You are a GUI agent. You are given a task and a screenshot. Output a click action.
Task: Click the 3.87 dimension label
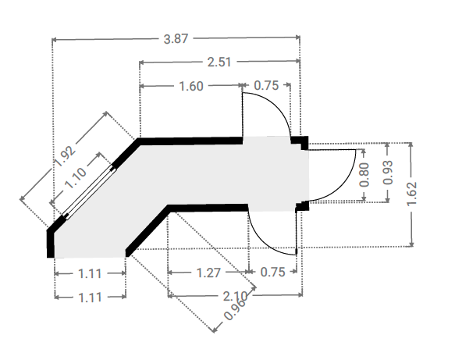tap(176, 39)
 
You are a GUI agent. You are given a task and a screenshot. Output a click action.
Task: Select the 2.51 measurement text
tap(219, 62)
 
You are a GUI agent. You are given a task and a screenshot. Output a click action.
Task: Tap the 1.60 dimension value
tap(191, 86)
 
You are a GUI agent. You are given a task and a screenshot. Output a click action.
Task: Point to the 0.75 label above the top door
tap(266, 85)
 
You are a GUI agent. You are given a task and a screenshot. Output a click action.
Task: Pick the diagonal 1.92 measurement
tap(66, 156)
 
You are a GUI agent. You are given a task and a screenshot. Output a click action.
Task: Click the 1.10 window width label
tap(76, 178)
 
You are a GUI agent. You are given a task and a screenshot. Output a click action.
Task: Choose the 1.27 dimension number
tap(208, 273)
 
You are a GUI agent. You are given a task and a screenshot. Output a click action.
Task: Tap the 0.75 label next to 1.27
tap(273, 272)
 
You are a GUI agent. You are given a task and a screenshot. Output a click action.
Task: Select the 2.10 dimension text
tap(235, 296)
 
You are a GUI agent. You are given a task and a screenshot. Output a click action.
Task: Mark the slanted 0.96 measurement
tap(235, 310)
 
